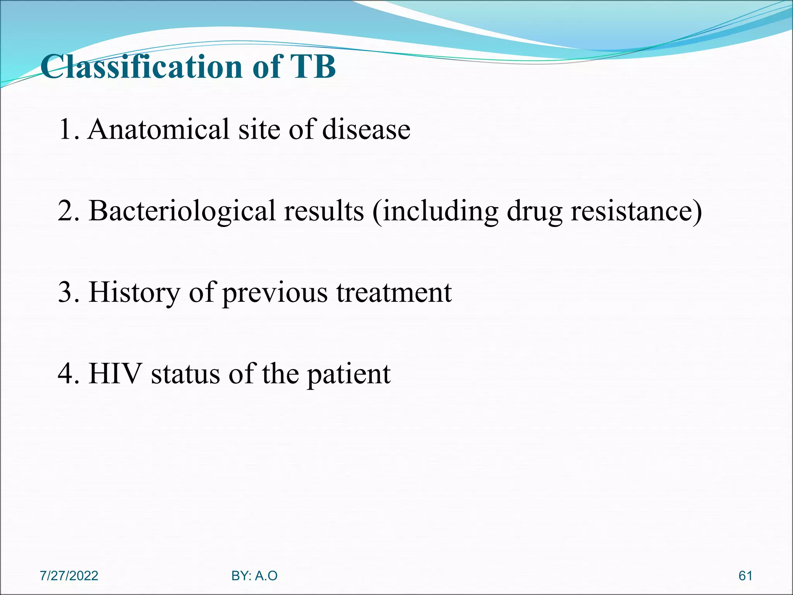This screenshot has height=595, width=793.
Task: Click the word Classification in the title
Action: point(142,67)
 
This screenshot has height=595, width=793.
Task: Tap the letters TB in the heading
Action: point(313,67)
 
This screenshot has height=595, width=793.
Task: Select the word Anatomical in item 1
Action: point(159,129)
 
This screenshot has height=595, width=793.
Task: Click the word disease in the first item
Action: point(366,129)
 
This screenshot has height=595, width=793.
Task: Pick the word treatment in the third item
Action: point(394,292)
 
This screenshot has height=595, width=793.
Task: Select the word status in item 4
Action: point(185,374)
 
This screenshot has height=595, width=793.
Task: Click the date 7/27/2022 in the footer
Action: point(69,576)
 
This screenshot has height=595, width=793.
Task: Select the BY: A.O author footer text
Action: point(254,576)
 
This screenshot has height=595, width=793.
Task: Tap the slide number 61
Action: point(745,576)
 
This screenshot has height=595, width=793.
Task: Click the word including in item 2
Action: point(439,211)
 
